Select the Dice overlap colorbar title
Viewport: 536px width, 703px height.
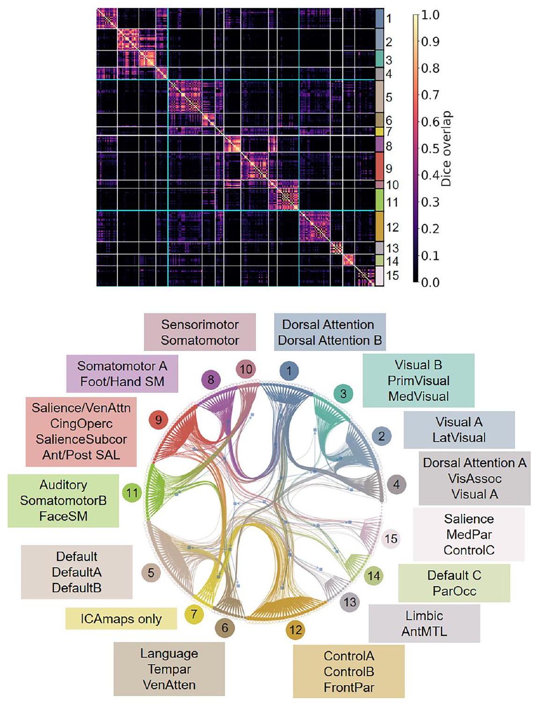click(x=447, y=149)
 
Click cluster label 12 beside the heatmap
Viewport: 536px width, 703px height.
click(x=392, y=227)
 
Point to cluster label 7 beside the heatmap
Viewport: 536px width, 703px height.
click(x=389, y=132)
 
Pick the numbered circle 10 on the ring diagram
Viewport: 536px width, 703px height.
click(x=246, y=370)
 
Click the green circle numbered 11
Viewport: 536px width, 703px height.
click(x=132, y=493)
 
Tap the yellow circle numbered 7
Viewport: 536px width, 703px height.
click(x=194, y=614)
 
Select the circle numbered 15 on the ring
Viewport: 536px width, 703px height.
click(x=391, y=538)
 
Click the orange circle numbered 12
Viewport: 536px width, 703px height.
click(x=295, y=630)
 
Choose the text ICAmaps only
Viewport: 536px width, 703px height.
click(x=121, y=619)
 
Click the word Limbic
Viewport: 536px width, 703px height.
click(x=424, y=616)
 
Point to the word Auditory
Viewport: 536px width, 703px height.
click(x=63, y=485)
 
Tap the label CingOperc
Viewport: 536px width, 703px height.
click(x=81, y=423)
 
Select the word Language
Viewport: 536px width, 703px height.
click(x=169, y=653)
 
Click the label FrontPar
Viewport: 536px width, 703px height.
click(x=349, y=687)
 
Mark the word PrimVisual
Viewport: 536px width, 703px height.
click(x=419, y=380)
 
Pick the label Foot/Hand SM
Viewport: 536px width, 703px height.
click(x=122, y=381)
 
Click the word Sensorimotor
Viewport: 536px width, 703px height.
click(x=200, y=324)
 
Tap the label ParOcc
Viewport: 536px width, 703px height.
click(x=454, y=591)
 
